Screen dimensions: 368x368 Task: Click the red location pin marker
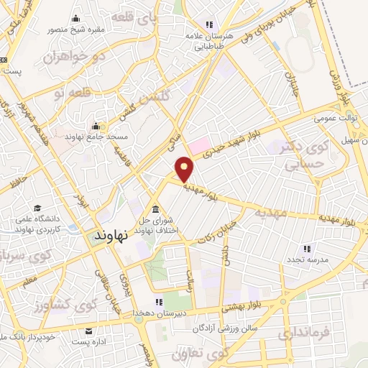[x=185, y=168]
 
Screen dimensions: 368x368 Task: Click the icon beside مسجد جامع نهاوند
[x=95, y=127]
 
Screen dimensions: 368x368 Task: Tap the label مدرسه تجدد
[x=308, y=259]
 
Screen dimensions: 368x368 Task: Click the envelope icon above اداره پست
[x=88, y=331]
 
